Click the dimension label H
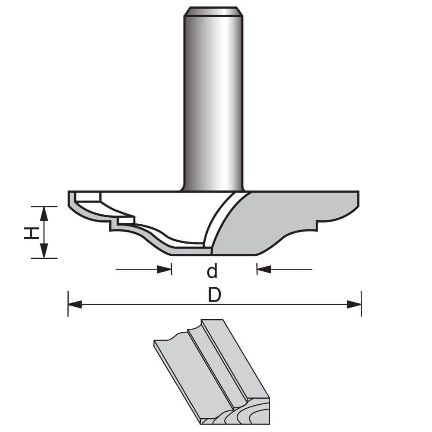tap(29, 233)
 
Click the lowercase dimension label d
tap(212, 271)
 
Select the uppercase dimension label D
tap(214, 295)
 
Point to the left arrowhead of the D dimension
tap(75, 305)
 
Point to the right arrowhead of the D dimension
tap(354, 305)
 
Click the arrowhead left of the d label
tap(165, 270)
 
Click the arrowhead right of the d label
tap(264, 270)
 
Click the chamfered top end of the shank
tap(213, 11)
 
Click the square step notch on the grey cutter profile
tap(319, 224)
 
